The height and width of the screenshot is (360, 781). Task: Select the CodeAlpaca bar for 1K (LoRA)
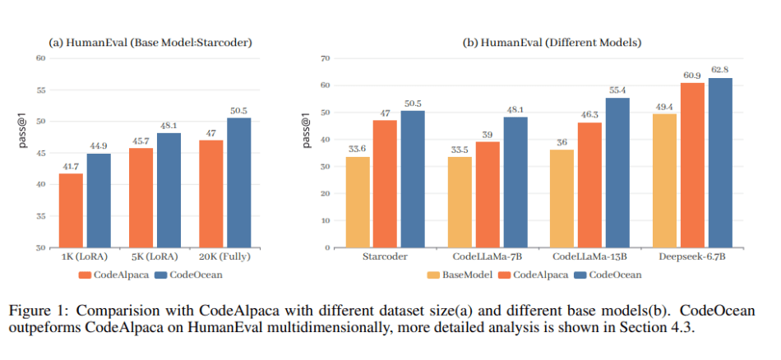(x=71, y=210)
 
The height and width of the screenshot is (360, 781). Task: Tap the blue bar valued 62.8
(x=720, y=163)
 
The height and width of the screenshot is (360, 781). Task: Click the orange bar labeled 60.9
(x=692, y=165)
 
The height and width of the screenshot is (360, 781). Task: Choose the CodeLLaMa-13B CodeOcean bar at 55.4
(x=618, y=173)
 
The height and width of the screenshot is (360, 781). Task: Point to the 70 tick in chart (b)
(x=326, y=58)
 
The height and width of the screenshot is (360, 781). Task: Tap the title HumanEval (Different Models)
(x=538, y=43)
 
